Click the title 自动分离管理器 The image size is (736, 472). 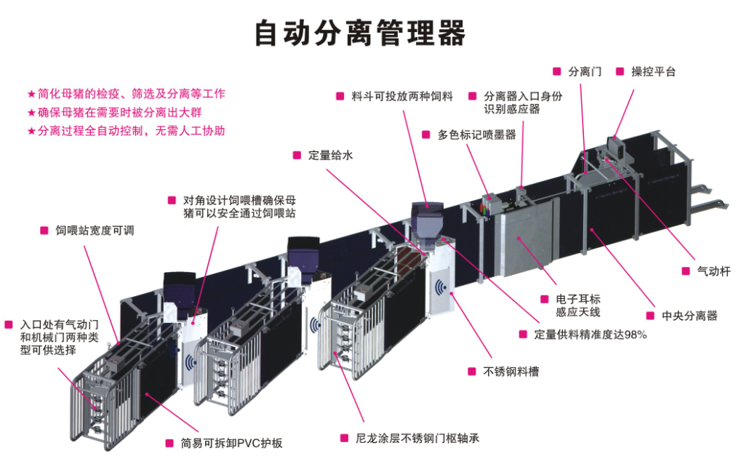[359, 33]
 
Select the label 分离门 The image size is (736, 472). [585, 72]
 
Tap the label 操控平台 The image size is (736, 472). [653, 72]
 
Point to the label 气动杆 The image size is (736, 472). [713, 271]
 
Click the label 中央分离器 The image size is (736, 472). [689, 316]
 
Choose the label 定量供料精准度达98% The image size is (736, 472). [591, 335]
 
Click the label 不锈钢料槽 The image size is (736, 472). [511, 372]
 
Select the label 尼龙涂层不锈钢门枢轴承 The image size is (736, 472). [417, 439]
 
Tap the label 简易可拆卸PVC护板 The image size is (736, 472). [231, 443]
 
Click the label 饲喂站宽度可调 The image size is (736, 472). [95, 231]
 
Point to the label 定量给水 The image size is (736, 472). [330, 156]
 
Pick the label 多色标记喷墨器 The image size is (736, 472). [476, 135]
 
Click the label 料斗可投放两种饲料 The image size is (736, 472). [402, 96]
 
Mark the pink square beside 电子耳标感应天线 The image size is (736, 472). [545, 300]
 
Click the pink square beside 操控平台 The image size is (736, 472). [620, 71]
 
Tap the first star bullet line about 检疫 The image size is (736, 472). [127, 94]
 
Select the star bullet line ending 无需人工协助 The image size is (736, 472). [127, 131]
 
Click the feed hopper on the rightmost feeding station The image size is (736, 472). [427, 222]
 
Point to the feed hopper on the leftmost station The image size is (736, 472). [180, 290]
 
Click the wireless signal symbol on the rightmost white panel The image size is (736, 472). [441, 287]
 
